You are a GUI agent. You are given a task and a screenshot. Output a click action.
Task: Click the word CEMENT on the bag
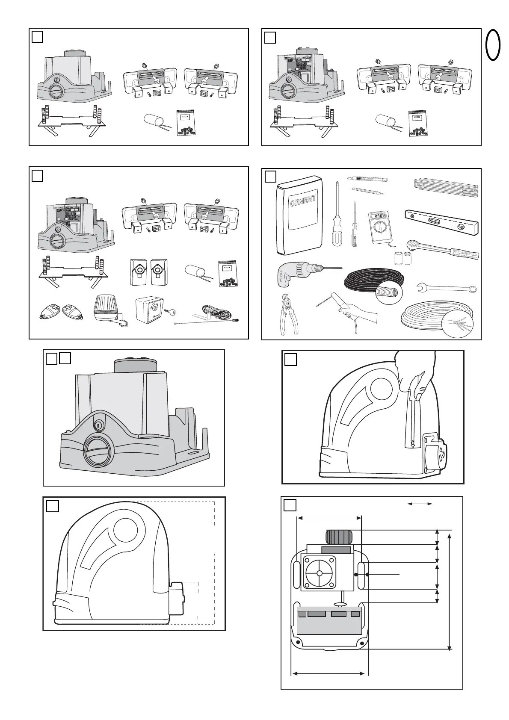click(x=303, y=200)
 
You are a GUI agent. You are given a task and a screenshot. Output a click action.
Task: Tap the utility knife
click(x=367, y=178)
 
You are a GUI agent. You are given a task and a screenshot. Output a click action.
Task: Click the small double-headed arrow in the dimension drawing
click(x=420, y=504)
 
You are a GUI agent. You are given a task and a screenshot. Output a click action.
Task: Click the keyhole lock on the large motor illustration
click(x=98, y=425)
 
